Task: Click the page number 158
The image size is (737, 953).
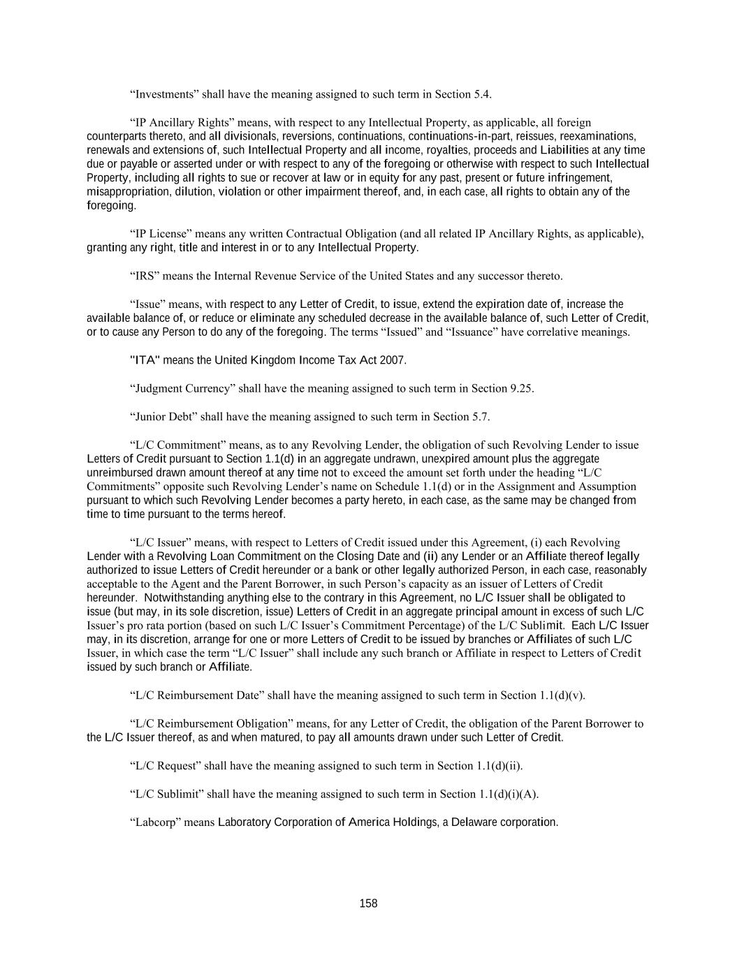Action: pos(368,903)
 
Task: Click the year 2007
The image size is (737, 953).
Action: pos(392,360)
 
